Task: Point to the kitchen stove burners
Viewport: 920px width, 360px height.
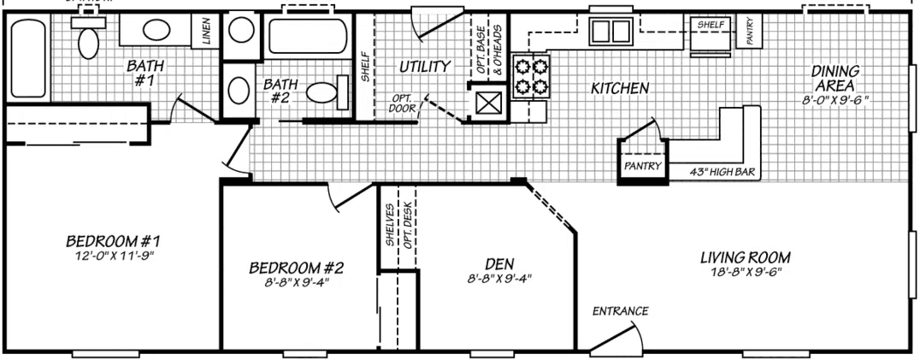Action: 529,76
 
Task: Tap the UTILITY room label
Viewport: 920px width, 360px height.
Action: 424,66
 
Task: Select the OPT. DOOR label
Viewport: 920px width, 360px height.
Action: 404,103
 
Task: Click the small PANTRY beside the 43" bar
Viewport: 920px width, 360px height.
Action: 641,165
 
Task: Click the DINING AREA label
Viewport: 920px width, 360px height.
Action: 834,79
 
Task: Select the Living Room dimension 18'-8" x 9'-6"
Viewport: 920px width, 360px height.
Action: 744,272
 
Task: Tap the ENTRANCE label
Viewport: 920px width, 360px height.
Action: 620,310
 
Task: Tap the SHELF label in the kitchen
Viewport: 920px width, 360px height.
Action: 711,25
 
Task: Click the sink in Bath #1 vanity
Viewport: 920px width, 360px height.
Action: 155,31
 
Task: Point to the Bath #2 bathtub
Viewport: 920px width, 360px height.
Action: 304,37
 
